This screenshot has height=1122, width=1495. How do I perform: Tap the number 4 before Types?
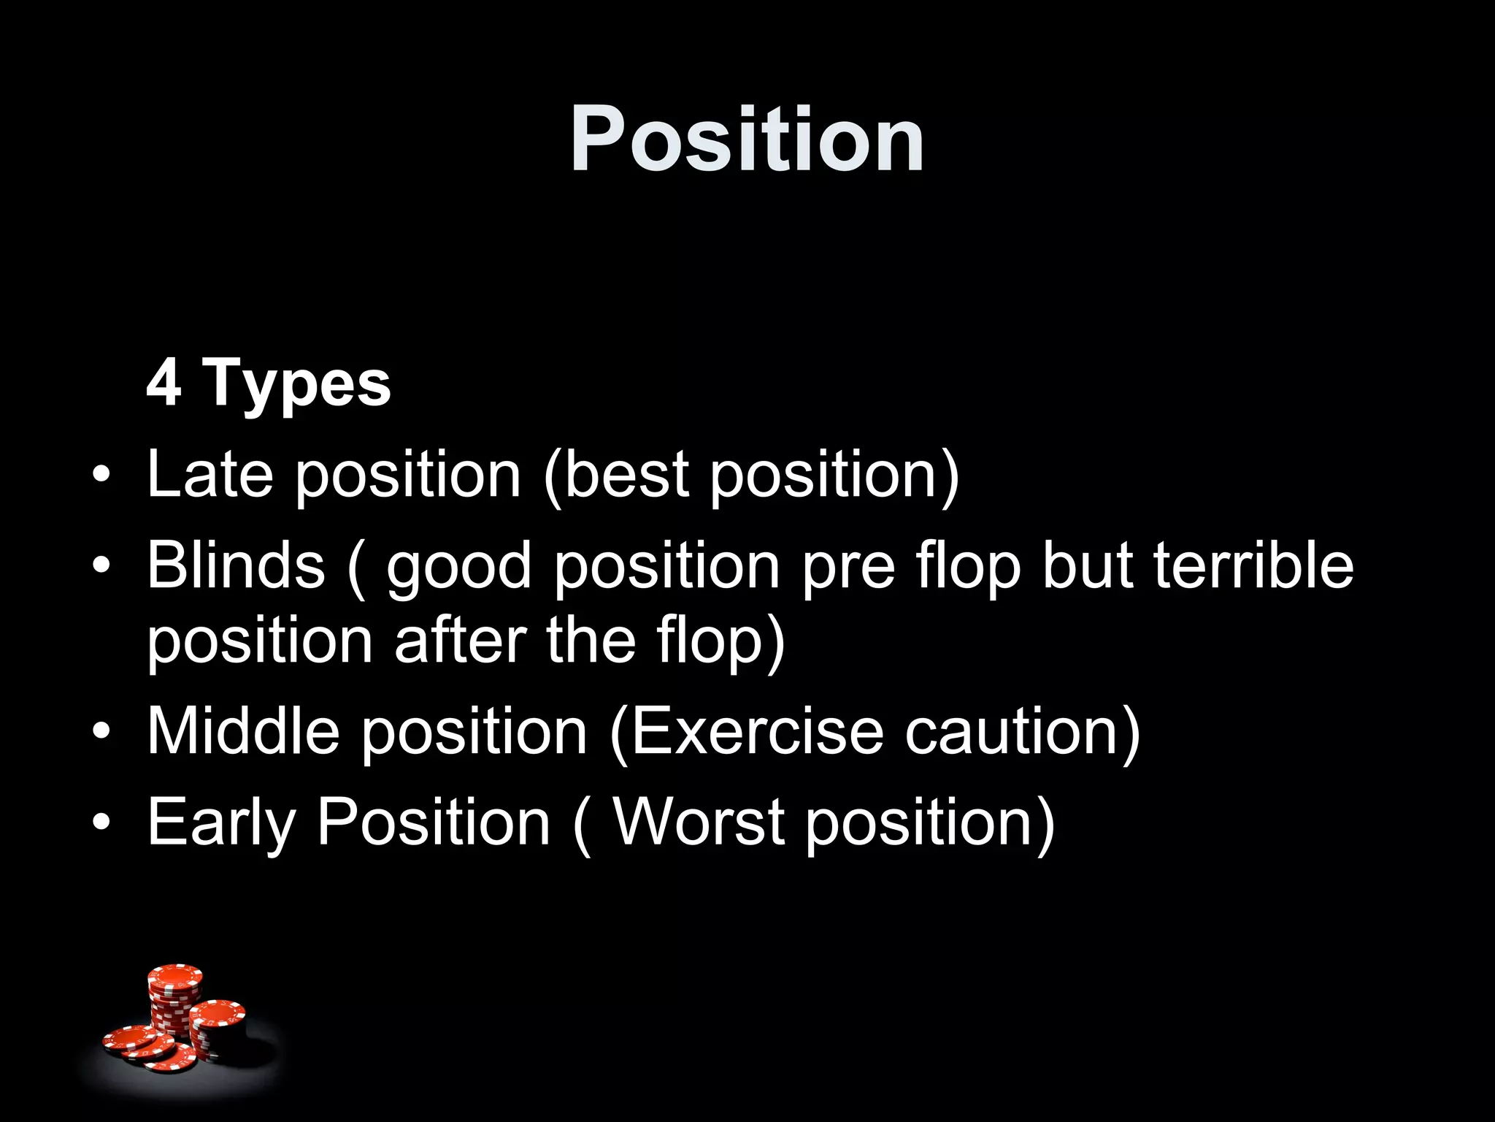tap(164, 383)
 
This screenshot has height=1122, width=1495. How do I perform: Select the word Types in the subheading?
tap(297, 385)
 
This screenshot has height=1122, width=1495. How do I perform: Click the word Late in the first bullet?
tap(210, 474)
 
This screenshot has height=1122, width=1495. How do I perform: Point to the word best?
tap(626, 474)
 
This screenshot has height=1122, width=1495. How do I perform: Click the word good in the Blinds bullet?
tap(459, 568)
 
